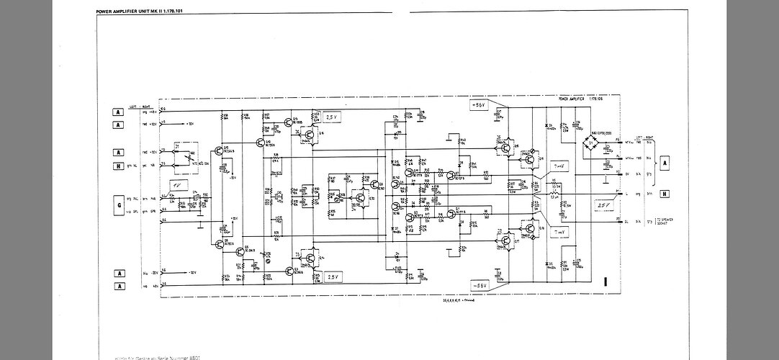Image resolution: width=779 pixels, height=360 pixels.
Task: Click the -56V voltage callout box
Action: [481, 286]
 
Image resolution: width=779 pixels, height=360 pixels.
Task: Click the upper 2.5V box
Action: [332, 116]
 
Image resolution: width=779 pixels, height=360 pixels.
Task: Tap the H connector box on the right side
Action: [665, 194]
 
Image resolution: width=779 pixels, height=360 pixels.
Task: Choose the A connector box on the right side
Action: [665, 162]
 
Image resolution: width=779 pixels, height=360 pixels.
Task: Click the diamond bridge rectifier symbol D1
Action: [592, 145]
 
